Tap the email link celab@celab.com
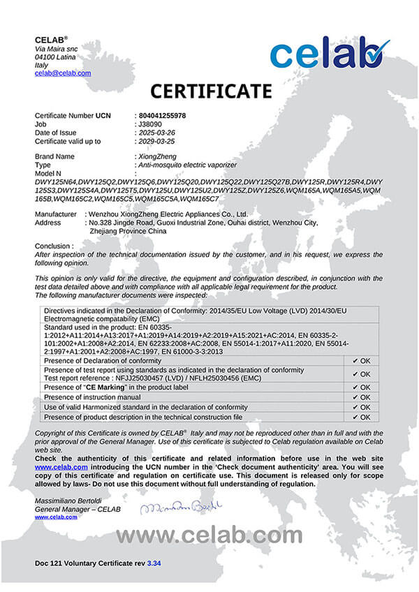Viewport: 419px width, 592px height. (x=63, y=73)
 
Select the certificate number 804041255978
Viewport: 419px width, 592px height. (x=163, y=114)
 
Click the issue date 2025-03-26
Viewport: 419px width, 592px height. (x=159, y=133)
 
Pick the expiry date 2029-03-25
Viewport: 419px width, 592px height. (x=159, y=141)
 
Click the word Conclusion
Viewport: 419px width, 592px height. (x=53, y=246)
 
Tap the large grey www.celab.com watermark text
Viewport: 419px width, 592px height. (x=209, y=535)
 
